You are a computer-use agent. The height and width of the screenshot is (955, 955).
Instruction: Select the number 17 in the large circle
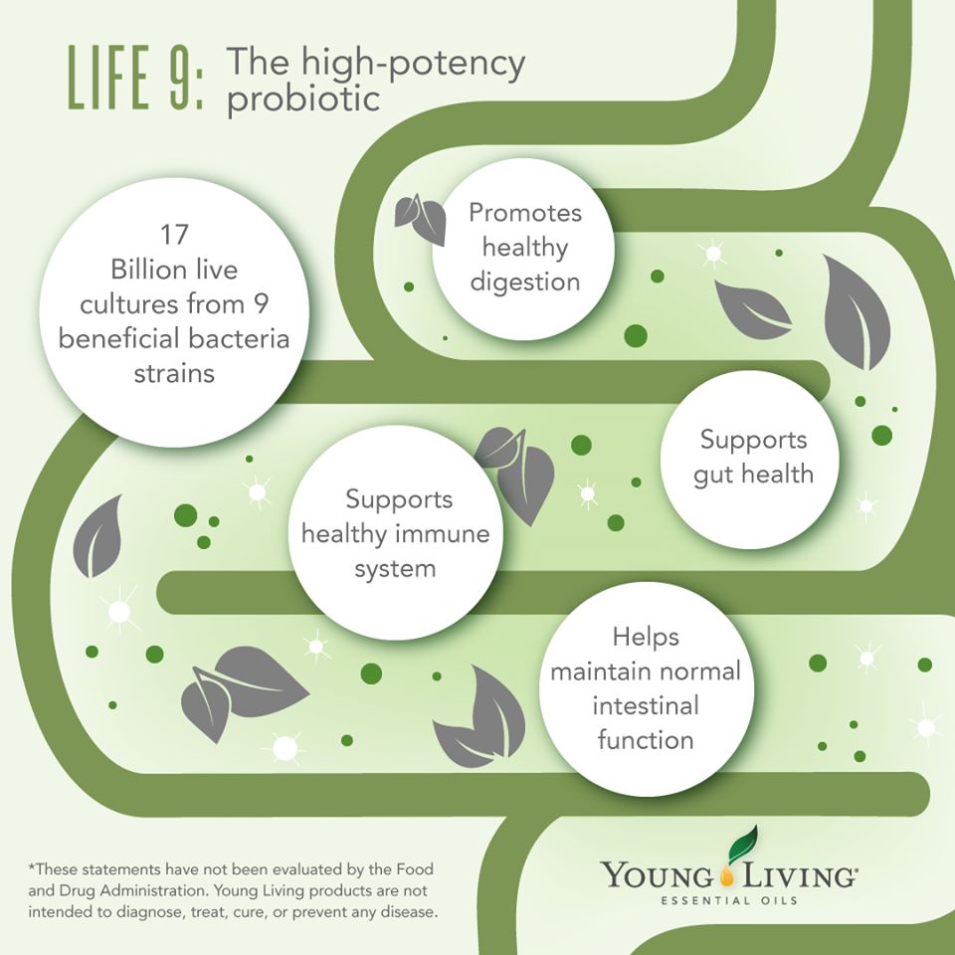click(x=174, y=236)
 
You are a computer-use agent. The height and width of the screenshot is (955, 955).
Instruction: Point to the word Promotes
click(x=525, y=213)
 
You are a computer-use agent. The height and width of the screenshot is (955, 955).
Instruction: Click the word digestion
click(x=524, y=282)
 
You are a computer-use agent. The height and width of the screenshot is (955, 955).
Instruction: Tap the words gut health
click(x=753, y=473)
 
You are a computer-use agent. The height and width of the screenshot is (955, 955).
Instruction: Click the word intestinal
click(x=646, y=705)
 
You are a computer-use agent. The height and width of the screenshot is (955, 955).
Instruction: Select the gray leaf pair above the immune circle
click(x=517, y=468)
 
